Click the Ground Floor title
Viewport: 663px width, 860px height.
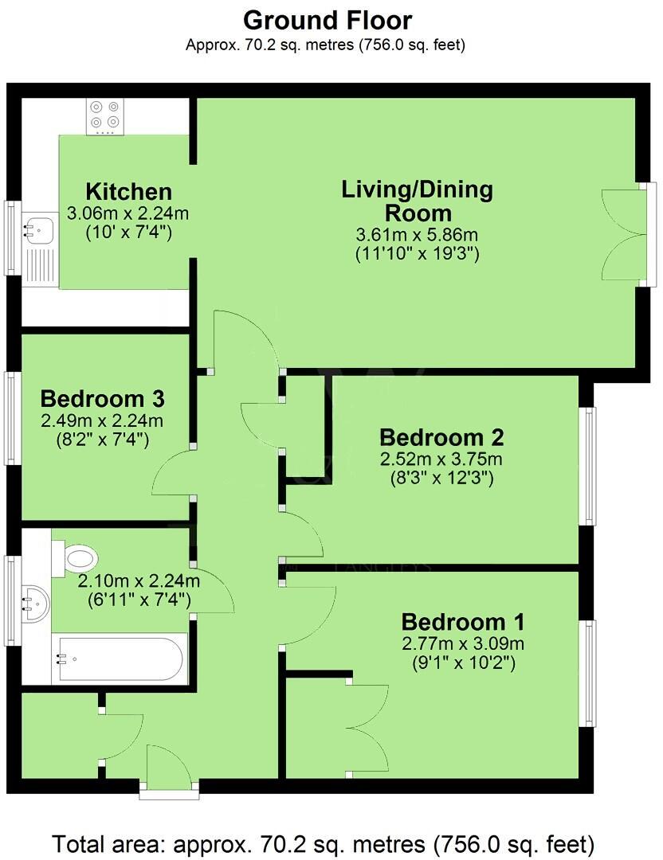328,20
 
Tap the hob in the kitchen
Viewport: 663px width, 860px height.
106,115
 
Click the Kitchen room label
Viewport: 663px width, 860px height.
128,192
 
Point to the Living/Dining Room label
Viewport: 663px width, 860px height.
418,201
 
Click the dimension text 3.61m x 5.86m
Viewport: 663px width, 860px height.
418,236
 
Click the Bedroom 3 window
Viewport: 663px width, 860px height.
11,418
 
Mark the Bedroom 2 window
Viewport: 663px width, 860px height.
587,466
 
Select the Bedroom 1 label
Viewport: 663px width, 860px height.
462,622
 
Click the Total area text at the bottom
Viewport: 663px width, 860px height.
324,842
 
